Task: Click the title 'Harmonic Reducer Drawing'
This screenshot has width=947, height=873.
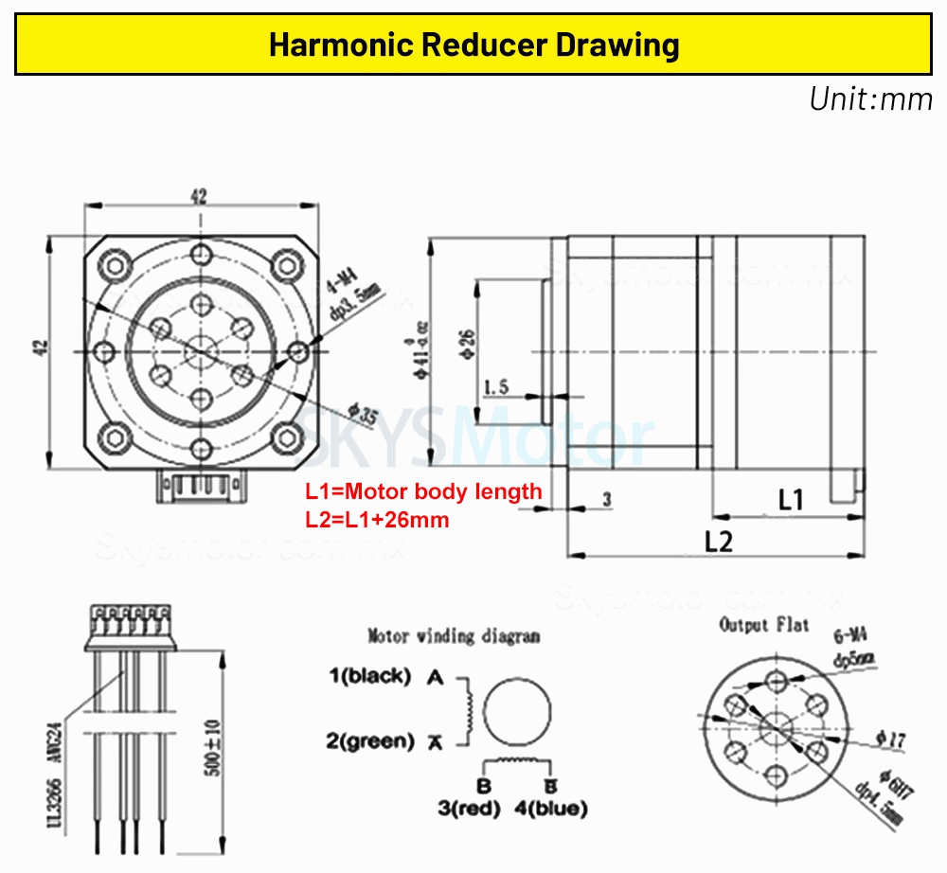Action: tap(473, 45)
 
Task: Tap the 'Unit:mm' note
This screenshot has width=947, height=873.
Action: tap(869, 98)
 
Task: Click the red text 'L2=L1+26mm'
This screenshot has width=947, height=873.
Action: tap(377, 519)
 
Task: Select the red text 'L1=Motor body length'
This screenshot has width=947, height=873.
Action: tap(423, 491)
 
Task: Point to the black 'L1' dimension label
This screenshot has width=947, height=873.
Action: tap(790, 499)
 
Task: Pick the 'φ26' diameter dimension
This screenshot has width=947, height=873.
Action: tap(467, 339)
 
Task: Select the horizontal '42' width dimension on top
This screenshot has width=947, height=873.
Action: tap(199, 196)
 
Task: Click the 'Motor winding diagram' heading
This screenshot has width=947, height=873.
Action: tap(454, 635)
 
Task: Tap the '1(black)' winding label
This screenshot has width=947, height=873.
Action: tap(369, 676)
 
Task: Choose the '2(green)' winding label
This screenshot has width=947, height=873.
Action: tap(370, 740)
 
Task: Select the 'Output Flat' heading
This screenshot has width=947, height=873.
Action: tap(763, 625)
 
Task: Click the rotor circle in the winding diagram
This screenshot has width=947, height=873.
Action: tap(518, 710)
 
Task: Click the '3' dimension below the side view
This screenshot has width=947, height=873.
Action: tap(607, 498)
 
